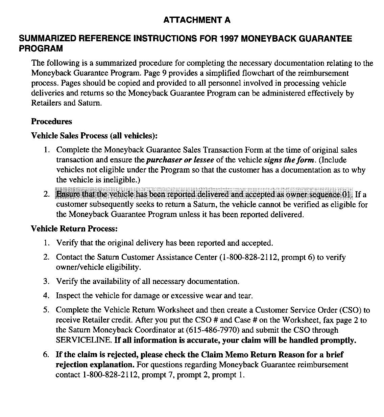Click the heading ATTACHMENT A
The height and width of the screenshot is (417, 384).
coord(197,20)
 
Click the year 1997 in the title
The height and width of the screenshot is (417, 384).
coord(229,39)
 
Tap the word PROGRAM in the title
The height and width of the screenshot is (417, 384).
coord(41,48)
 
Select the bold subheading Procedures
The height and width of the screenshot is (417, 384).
coord(51,121)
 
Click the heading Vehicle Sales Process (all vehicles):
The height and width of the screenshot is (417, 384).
coord(94,136)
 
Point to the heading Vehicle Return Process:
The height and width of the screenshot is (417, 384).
coord(74,228)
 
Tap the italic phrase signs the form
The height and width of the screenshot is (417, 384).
coord(289,160)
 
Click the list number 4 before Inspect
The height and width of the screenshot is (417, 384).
coord(46,295)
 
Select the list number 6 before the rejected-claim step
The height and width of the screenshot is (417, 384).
coord(46,355)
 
